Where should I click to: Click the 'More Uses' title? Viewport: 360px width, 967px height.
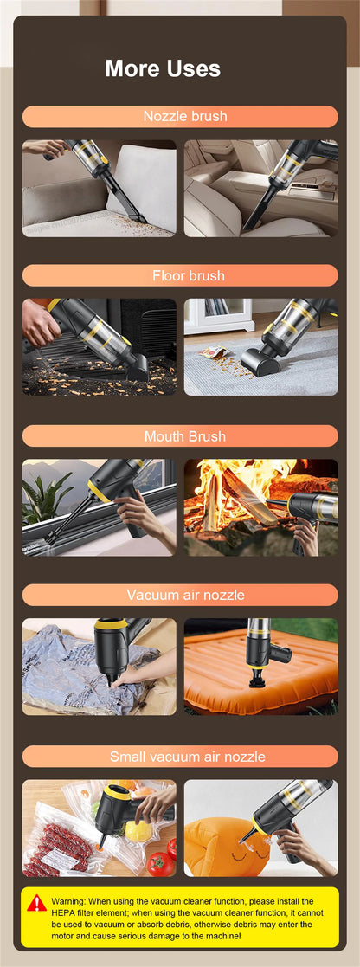pyautogui.click(x=163, y=68)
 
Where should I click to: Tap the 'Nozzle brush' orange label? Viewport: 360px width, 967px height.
pyautogui.click(x=180, y=117)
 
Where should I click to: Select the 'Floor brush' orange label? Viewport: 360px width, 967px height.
pyautogui.click(x=180, y=275)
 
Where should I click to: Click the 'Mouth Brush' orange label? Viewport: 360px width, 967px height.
pyautogui.click(x=180, y=435)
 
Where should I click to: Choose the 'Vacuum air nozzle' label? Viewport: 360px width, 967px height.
pyautogui.click(x=180, y=595)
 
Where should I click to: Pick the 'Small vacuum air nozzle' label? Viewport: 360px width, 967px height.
pyautogui.click(x=180, y=757)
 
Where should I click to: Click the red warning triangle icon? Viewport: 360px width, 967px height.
pyautogui.click(x=36, y=904)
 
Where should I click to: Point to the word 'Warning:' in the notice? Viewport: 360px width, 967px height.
pyautogui.click(x=67, y=901)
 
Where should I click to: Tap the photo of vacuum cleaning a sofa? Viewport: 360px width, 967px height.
pyautogui.click(x=99, y=189)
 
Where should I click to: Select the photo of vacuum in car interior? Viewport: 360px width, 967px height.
pyautogui.click(x=260, y=189)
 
